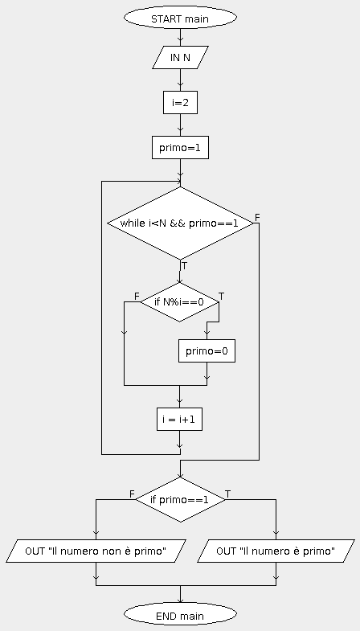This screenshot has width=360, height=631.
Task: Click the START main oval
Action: click(x=180, y=18)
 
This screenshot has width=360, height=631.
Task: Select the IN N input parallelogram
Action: click(x=180, y=58)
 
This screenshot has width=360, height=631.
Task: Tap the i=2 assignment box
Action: click(x=180, y=103)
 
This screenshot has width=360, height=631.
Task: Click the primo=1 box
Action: click(x=180, y=148)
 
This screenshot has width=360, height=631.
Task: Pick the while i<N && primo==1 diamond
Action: click(x=180, y=223)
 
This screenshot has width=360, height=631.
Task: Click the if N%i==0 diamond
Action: click(x=179, y=301)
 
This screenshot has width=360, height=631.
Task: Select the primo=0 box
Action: click(x=207, y=351)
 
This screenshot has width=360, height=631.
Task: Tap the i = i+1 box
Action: click(x=179, y=420)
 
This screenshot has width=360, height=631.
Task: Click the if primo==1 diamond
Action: click(x=180, y=500)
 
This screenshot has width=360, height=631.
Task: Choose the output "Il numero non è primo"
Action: click(x=96, y=551)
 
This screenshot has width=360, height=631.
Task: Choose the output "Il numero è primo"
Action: click(x=276, y=551)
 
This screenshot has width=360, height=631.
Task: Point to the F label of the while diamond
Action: click(x=257, y=218)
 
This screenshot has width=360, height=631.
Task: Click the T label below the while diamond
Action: click(x=184, y=266)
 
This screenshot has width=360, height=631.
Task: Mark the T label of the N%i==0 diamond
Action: click(x=221, y=297)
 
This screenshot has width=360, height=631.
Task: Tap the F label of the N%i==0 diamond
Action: click(x=137, y=297)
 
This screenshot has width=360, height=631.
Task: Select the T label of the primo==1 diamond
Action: click(x=227, y=494)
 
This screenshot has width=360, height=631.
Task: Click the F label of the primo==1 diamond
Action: click(x=132, y=494)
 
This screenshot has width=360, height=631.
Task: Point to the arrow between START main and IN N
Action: click(x=180, y=38)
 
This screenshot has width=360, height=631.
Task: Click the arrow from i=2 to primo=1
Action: click(x=180, y=125)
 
